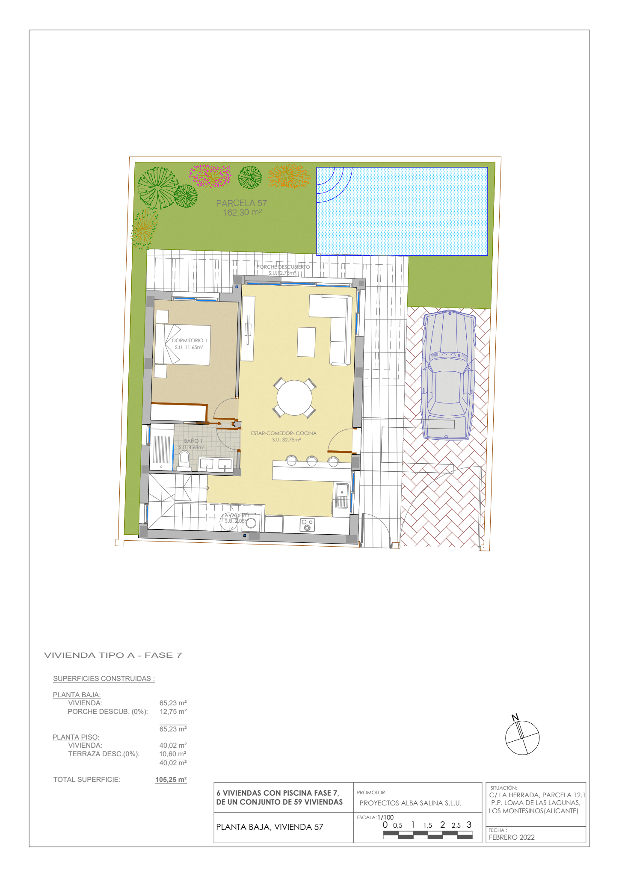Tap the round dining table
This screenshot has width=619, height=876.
pos(294,397)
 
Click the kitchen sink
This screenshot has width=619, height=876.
pos(342,495)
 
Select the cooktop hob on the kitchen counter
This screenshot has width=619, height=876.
pos(307,524)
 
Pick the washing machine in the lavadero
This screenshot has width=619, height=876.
pos(251,523)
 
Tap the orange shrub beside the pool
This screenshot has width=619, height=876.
pos(289,176)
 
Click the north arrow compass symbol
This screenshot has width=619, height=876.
pos(522,737)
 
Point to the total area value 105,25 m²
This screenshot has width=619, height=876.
pos(171,779)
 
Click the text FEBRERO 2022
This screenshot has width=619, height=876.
pos(512,837)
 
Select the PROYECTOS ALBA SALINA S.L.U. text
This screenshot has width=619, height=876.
pos(410,803)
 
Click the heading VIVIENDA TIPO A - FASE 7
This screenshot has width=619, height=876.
pos(113,655)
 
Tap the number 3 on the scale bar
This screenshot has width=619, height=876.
pos(469,825)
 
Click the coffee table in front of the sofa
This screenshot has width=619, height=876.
pos(306,341)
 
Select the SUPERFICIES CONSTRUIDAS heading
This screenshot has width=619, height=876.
pos(104,678)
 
